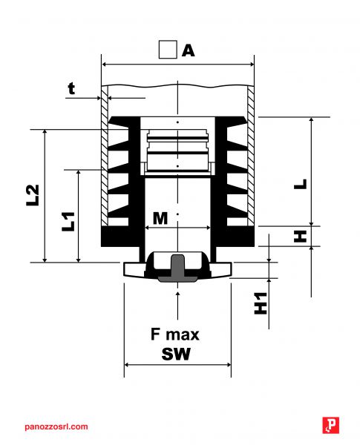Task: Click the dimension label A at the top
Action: click(x=188, y=50)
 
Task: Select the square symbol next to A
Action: click(x=168, y=50)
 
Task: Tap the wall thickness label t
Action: click(x=71, y=88)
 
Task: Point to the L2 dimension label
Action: click(x=33, y=195)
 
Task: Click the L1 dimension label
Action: click(x=68, y=222)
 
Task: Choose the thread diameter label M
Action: click(x=160, y=219)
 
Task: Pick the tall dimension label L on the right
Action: click(x=301, y=184)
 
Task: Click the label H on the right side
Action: click(x=300, y=237)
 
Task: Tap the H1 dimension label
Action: click(x=261, y=303)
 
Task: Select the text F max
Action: click(x=174, y=334)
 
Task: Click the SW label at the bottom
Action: click(x=176, y=354)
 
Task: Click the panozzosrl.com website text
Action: click(x=56, y=427)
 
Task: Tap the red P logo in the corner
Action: click(x=331, y=425)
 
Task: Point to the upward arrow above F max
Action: click(x=178, y=306)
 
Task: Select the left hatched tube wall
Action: click(x=105, y=155)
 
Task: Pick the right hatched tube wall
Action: click(x=251, y=155)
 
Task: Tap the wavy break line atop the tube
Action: click(x=177, y=85)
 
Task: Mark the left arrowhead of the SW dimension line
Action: click(x=127, y=365)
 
